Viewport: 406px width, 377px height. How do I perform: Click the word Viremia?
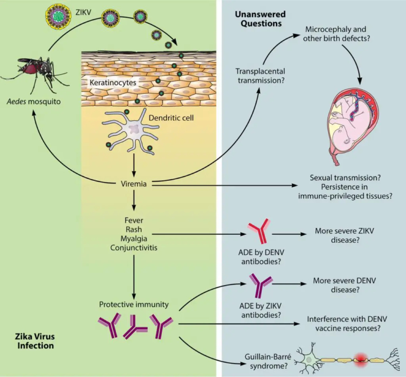pos(134,183)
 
